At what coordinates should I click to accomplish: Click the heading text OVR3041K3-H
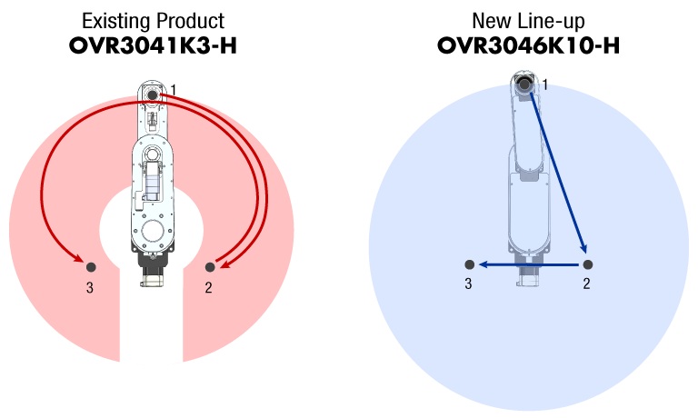point(153,45)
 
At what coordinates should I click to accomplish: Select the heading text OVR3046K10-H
point(528,45)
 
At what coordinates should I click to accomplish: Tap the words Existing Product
point(153,21)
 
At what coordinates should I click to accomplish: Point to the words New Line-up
point(528,21)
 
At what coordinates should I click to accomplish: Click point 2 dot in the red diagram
point(210,267)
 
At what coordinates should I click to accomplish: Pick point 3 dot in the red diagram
point(91,267)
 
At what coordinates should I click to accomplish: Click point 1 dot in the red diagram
point(153,95)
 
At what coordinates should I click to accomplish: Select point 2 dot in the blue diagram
point(588,264)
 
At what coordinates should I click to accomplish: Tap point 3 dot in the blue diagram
point(469,264)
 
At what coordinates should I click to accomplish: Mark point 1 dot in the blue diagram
point(524,84)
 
